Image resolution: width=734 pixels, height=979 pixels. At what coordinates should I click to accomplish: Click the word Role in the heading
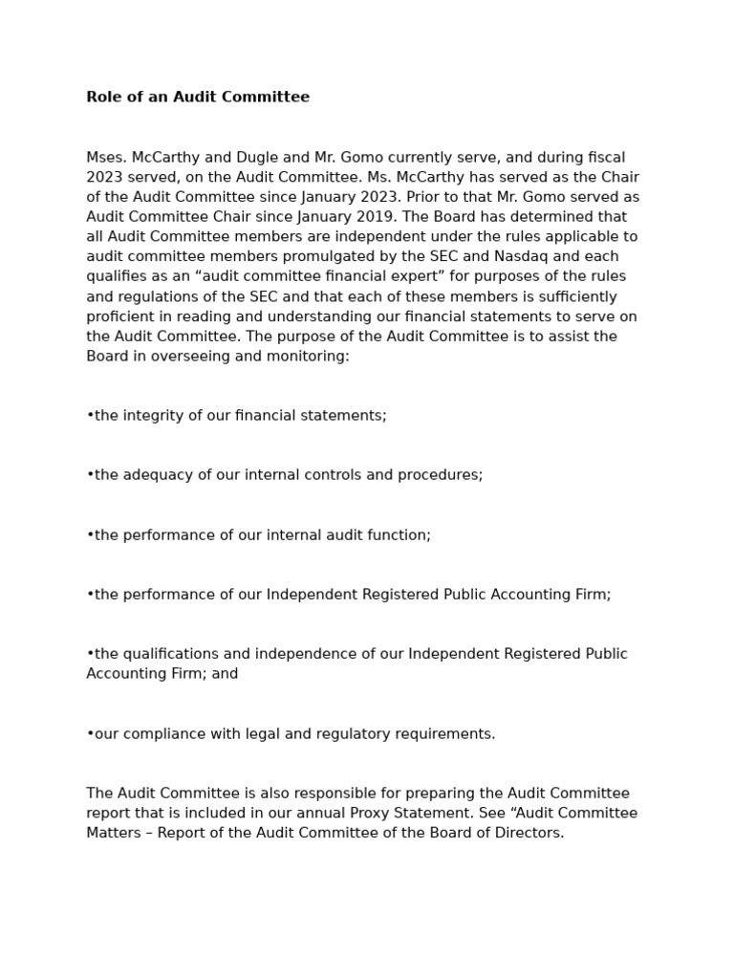click(103, 97)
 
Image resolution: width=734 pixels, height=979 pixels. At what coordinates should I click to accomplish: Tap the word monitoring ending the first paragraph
click(311, 356)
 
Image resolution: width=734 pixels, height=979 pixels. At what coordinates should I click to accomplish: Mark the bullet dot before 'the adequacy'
click(90, 475)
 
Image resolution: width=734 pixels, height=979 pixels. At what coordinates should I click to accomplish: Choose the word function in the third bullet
click(400, 535)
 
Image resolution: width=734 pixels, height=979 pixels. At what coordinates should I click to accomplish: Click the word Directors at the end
click(530, 833)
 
